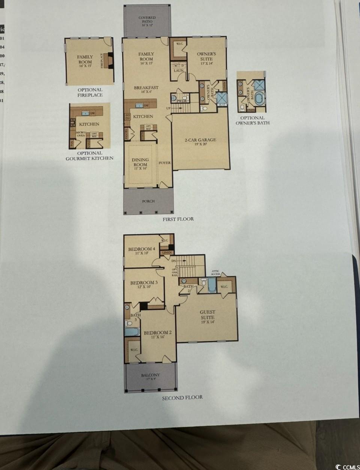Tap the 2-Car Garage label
tap(200, 142)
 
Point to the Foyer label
tap(164, 163)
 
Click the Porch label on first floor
tap(148, 201)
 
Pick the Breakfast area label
tap(146, 90)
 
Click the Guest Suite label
tap(207, 317)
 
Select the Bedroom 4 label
tap(141, 251)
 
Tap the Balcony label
tap(150, 377)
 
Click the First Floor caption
tap(178, 219)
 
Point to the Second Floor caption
tap(182, 398)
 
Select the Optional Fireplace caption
tap(90, 93)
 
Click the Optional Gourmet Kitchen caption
tap(90, 156)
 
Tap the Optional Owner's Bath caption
tap(252, 120)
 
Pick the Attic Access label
tap(215, 272)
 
